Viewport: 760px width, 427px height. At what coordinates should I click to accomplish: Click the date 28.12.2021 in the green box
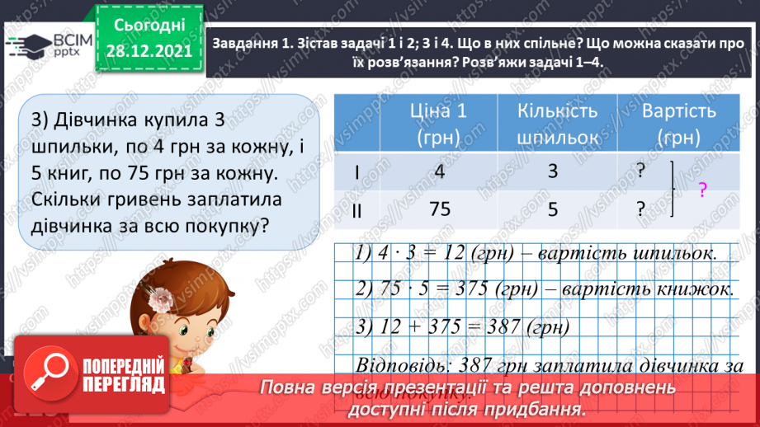click(x=149, y=50)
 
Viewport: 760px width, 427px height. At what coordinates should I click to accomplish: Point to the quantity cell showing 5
click(x=554, y=209)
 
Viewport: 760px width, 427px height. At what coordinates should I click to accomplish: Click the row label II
click(x=356, y=210)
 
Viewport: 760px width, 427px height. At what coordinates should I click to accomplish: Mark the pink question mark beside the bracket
click(x=702, y=191)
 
